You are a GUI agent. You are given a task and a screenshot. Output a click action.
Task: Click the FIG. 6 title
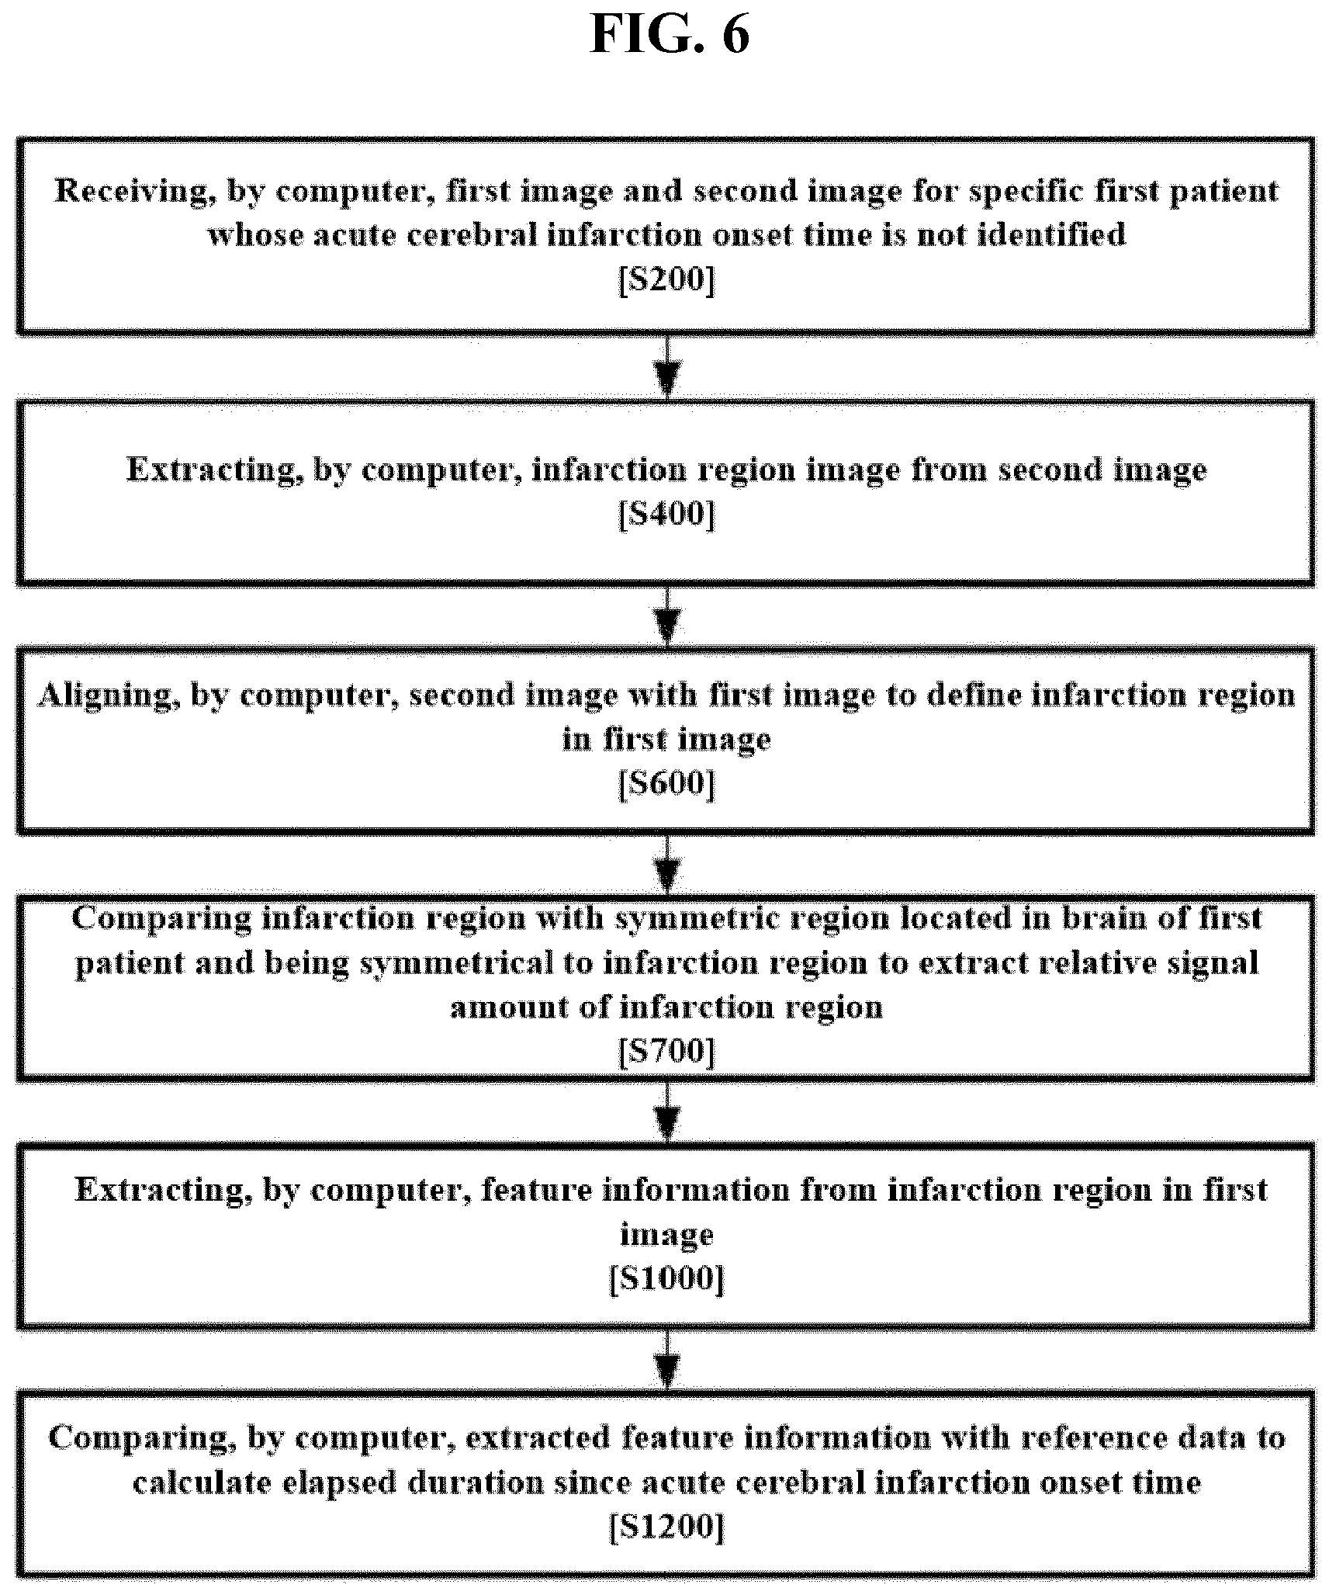[x=670, y=35]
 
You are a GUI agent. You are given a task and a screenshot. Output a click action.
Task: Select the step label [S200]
[x=666, y=279]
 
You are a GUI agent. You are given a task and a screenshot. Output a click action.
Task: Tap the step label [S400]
[x=666, y=513]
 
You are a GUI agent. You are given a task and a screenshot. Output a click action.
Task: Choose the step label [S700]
[x=666, y=1052]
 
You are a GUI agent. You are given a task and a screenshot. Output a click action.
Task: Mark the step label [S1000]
[x=666, y=1278]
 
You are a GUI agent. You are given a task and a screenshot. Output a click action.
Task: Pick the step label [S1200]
[x=666, y=1527]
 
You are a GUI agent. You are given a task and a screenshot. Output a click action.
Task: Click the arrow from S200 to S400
[x=667, y=367]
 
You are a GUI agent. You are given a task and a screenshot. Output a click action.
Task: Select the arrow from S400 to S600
[x=667, y=616]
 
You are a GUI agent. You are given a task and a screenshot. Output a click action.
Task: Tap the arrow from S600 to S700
[x=667, y=865]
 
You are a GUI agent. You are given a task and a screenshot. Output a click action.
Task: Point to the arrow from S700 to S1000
[x=667, y=1112]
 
